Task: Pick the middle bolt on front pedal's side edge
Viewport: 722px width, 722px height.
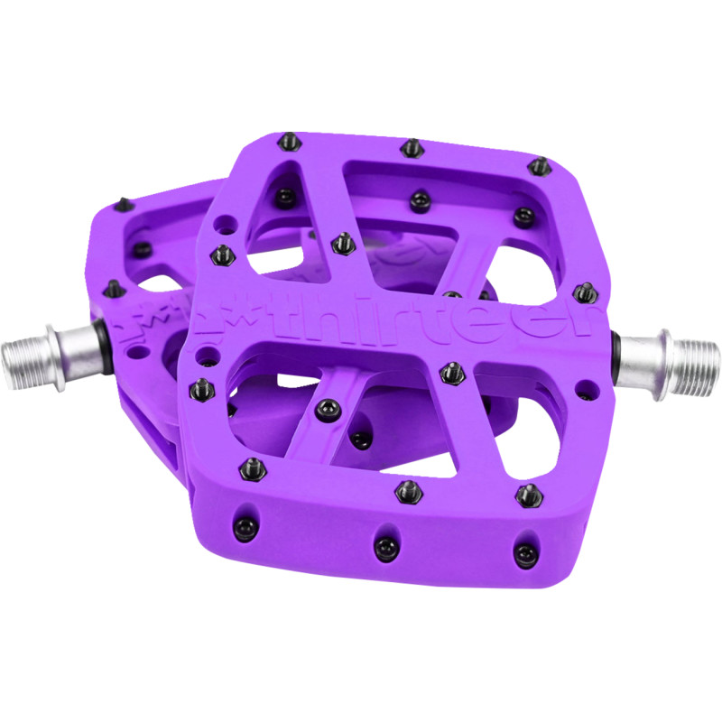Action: [385, 547]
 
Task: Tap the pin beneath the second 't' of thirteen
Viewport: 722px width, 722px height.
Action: [450, 372]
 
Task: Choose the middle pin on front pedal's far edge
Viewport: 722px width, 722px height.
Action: [410, 147]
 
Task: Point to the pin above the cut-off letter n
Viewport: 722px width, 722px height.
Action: [582, 291]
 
